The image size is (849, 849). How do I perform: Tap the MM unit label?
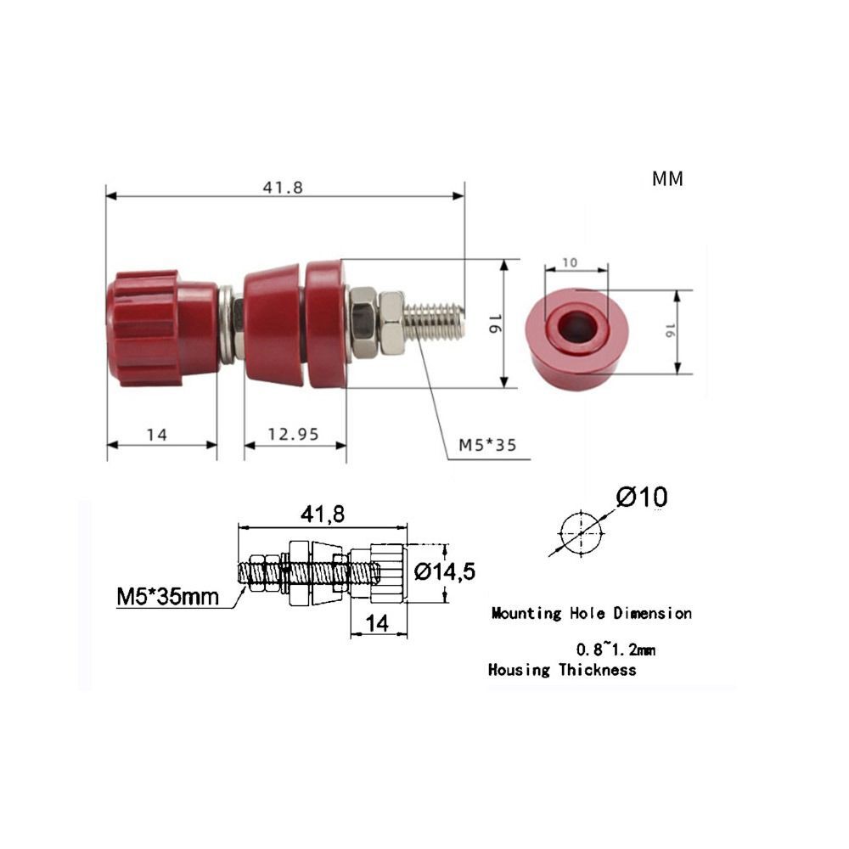point(667,179)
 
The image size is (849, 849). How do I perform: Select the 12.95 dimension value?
point(293,435)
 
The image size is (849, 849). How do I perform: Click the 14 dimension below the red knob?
point(155,435)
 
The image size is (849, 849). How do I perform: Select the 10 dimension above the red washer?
point(569,263)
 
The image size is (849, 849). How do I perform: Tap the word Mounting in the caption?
point(526,613)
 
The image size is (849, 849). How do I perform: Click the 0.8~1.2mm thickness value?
point(616,650)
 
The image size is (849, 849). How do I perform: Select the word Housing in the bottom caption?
point(519,670)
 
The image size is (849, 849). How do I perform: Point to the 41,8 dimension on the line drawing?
point(323,514)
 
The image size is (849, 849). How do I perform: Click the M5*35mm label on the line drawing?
point(167,596)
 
